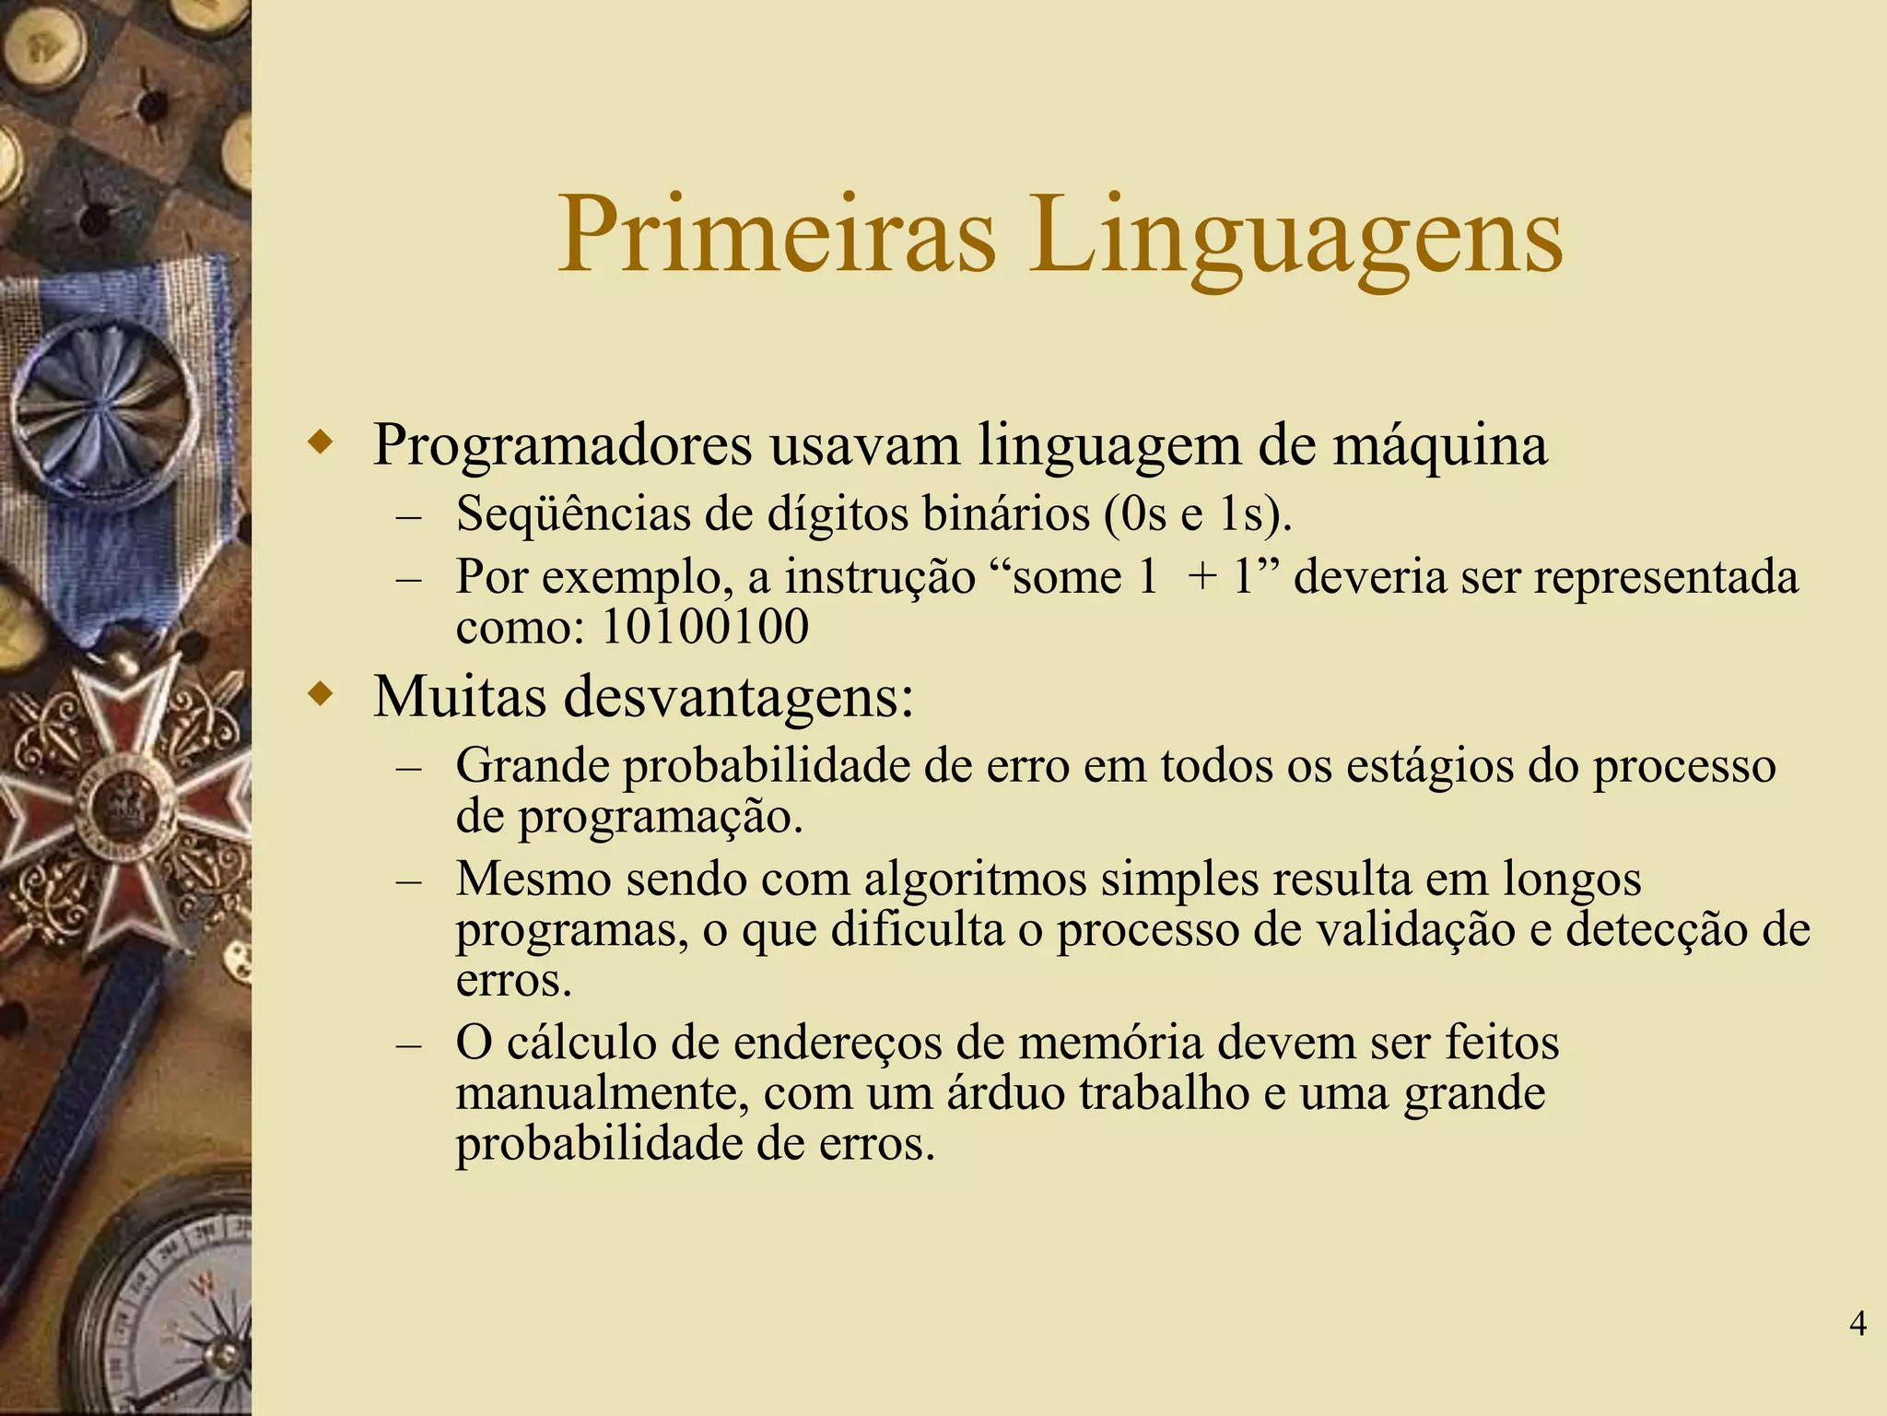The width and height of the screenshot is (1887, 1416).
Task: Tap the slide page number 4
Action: pyautogui.click(x=1858, y=1324)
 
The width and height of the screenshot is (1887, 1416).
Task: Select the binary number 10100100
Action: pyautogui.click(x=705, y=628)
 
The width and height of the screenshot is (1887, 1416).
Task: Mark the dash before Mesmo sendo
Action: pyautogui.click(x=408, y=881)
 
